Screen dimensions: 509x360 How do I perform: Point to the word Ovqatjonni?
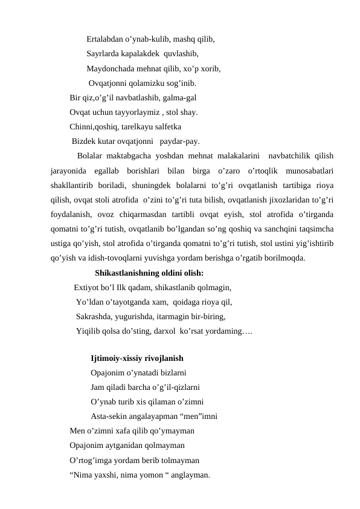point(109,83)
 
